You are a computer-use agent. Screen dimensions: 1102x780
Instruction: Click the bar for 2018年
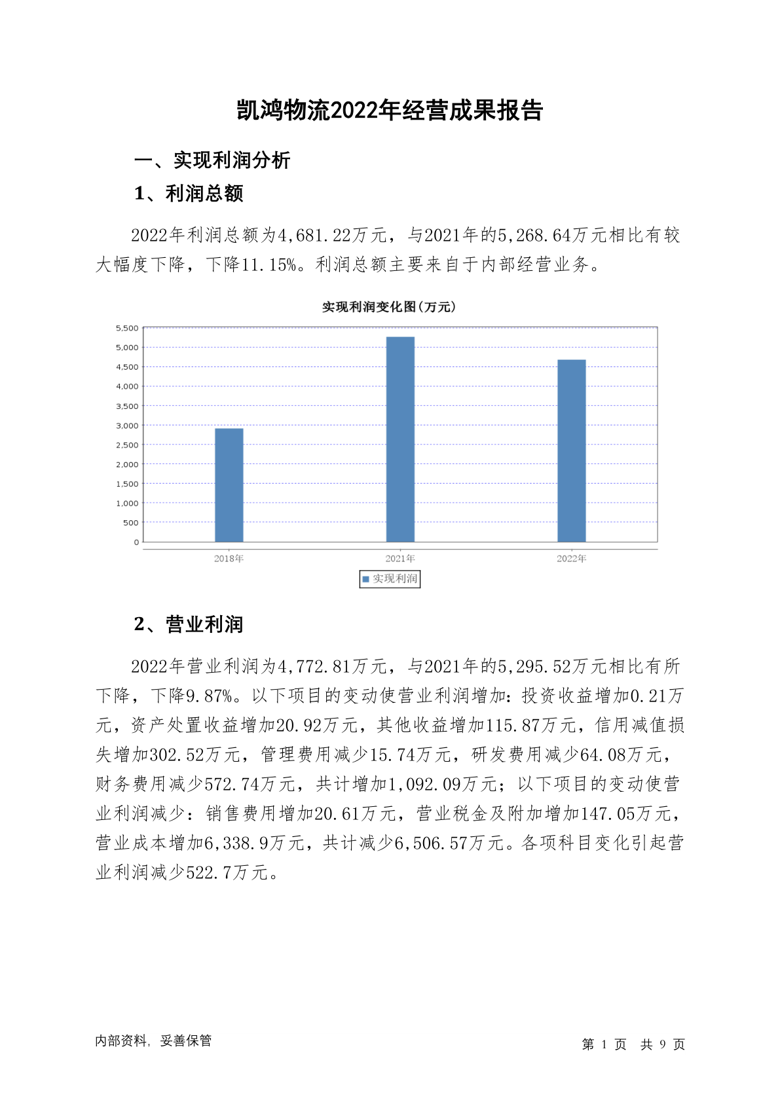pos(229,485)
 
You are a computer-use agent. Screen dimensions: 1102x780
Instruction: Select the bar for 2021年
pos(400,439)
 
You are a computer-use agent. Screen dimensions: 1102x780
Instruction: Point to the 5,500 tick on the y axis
pos(127,328)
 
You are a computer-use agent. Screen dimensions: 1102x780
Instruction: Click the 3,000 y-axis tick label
pos(127,425)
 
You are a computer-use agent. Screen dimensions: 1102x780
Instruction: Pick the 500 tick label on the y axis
pos(130,523)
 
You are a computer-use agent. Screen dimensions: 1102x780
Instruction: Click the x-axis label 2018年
pos(229,559)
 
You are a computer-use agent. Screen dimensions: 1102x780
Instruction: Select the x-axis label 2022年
pos(571,559)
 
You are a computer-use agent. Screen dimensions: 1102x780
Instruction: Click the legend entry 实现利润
pos(390,579)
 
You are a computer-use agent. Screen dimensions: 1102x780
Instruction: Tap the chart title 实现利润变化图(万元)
pos(389,307)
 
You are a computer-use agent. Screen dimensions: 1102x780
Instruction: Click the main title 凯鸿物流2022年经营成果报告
pos(390,111)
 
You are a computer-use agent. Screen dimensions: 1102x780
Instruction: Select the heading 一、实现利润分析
pos(212,160)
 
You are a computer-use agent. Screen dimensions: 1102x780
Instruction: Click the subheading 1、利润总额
pos(189,194)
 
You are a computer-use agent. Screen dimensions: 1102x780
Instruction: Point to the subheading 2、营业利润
pos(189,625)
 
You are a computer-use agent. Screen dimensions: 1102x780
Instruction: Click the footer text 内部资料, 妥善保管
pos(153,1041)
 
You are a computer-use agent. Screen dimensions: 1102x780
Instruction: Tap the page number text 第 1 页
pos(604,1044)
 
